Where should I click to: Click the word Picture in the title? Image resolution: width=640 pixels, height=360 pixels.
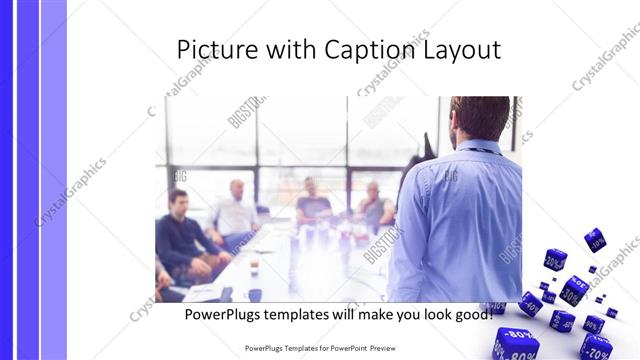click(211, 50)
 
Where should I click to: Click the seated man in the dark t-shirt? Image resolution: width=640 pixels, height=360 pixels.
click(313, 205)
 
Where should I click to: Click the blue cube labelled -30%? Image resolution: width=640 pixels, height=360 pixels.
click(573, 289)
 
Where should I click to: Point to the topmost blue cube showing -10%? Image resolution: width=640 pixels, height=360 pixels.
click(595, 239)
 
